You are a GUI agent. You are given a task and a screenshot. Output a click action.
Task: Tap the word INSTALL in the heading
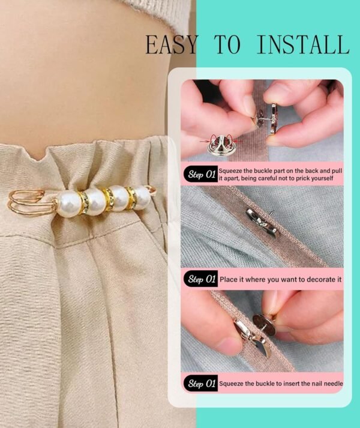point(303,45)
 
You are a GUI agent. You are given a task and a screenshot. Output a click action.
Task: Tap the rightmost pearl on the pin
point(142,197)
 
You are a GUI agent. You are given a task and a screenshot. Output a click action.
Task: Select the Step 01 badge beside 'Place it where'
point(201,279)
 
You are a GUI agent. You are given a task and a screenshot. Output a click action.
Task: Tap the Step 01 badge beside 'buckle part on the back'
point(201,175)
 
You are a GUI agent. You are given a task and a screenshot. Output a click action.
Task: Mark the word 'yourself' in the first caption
point(329,179)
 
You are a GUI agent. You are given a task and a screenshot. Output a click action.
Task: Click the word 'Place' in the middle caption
point(229,279)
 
